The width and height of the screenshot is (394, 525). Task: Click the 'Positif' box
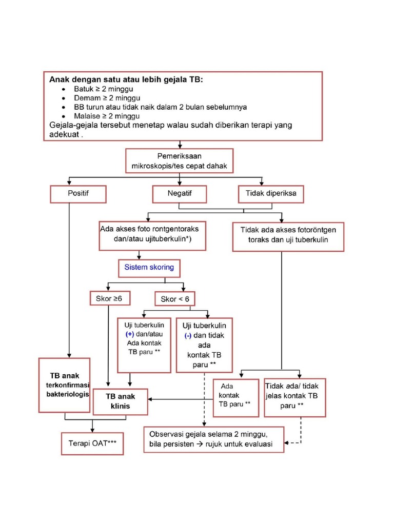78,194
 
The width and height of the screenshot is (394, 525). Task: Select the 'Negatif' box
180,194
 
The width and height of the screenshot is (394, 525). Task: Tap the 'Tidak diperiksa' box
271,194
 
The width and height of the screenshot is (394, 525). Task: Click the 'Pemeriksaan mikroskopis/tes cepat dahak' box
179,161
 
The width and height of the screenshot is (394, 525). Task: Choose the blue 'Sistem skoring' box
149,267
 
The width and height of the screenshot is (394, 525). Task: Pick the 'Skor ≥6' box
110,298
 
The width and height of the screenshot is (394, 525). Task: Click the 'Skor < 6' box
174,299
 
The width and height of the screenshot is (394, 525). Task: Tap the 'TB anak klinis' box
121,401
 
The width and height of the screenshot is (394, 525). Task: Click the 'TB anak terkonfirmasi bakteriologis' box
65,385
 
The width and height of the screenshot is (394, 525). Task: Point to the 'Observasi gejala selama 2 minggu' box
213,439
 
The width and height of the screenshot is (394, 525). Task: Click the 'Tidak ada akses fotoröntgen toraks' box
288,235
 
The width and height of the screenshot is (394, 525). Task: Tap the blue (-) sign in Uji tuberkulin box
188,335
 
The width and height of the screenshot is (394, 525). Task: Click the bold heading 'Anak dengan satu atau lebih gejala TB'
126,79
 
